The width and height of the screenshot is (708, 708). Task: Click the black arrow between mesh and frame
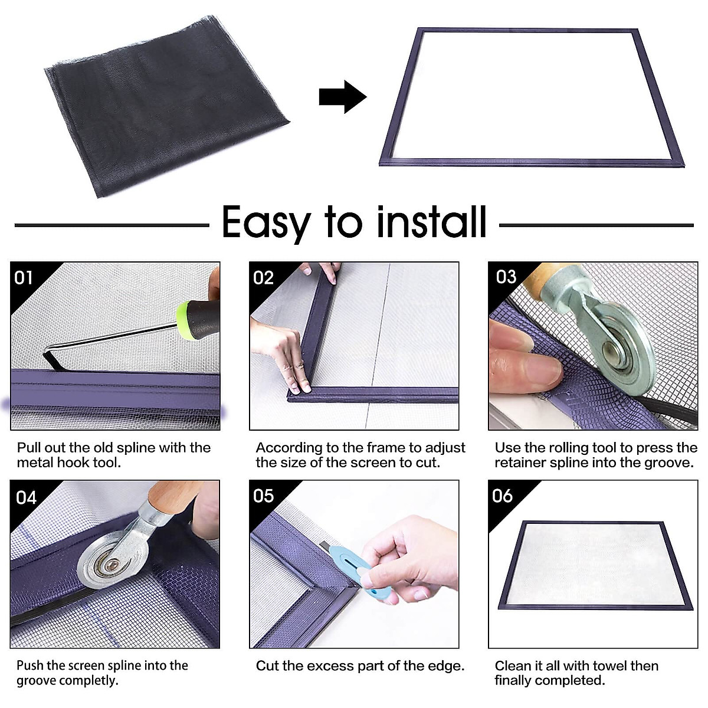tap(342, 97)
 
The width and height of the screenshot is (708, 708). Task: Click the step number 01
tap(24, 278)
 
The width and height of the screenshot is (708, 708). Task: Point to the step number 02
tap(263, 278)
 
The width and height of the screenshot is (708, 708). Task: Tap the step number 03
tap(506, 277)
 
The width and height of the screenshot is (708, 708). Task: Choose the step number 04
tap(26, 498)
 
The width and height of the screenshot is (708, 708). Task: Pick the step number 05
tap(263, 496)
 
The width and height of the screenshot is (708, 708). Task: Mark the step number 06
tap(502, 496)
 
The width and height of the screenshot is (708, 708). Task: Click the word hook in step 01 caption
tap(77, 462)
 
